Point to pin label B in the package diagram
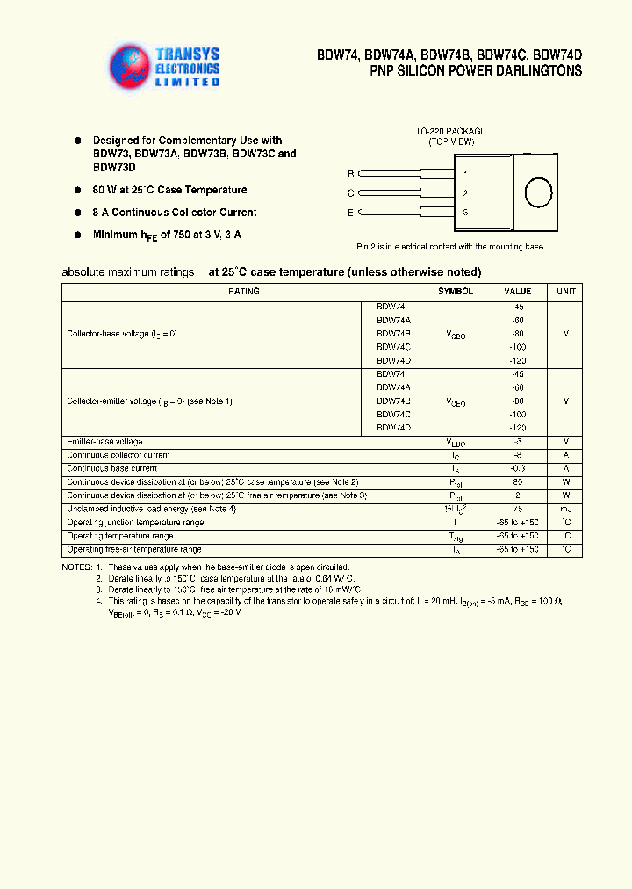[x=351, y=174]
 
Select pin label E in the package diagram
[x=351, y=213]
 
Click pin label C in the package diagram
[x=351, y=193]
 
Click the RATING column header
[x=243, y=292]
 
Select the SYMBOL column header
[x=456, y=292]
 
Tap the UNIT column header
[x=565, y=292]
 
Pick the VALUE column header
[x=517, y=292]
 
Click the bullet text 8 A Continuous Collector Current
[x=175, y=213]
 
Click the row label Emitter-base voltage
[x=104, y=442]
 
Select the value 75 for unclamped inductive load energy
[x=517, y=510]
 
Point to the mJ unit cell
[x=565, y=510]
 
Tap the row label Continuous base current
[x=111, y=469]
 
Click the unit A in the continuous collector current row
[x=565, y=455]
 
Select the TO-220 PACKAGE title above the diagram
[x=450, y=131]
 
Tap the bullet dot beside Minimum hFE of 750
[x=77, y=235]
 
